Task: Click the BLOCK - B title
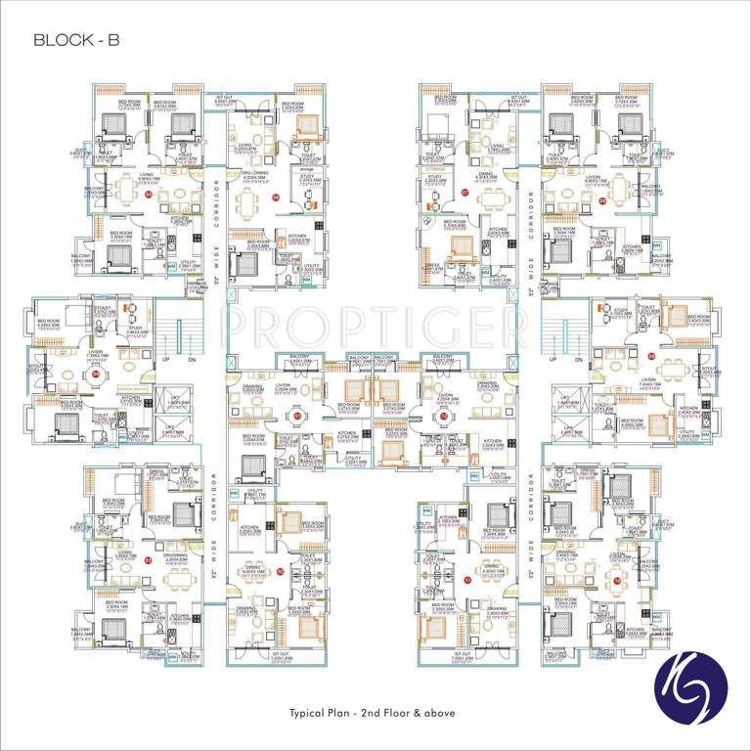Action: pos(76,40)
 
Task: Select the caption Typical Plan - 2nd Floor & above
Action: pos(375,712)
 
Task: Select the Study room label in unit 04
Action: pos(135,329)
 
